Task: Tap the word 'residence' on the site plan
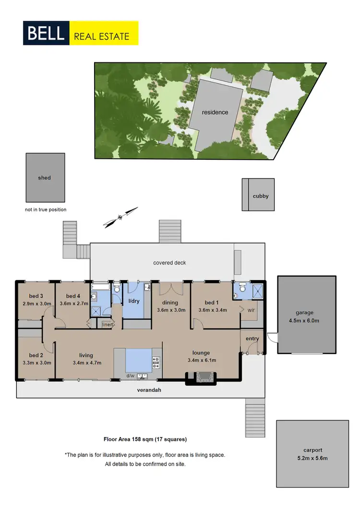(x=215, y=112)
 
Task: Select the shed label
(x=44, y=178)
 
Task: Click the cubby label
(x=261, y=196)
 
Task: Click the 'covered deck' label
(x=169, y=263)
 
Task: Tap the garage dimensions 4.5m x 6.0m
(x=305, y=320)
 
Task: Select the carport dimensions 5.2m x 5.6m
(x=312, y=458)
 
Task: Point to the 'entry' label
(x=252, y=339)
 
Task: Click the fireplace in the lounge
(x=201, y=379)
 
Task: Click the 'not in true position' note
(x=46, y=210)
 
